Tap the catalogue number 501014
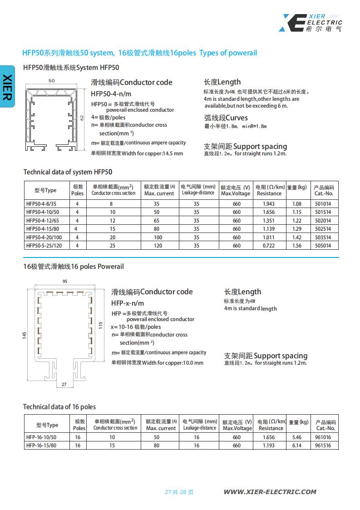323,204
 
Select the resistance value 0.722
269,246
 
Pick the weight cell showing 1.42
297,237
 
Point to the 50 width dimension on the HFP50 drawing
51,80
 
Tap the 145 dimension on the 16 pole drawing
25,334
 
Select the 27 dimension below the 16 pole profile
64,384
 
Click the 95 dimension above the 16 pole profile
64,282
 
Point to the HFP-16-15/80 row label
42,446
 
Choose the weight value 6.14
297,446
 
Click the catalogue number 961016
323,437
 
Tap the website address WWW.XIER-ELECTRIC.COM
270,492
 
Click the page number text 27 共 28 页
179,492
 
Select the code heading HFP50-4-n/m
111,94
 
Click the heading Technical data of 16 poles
59,407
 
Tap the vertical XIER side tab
7,86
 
